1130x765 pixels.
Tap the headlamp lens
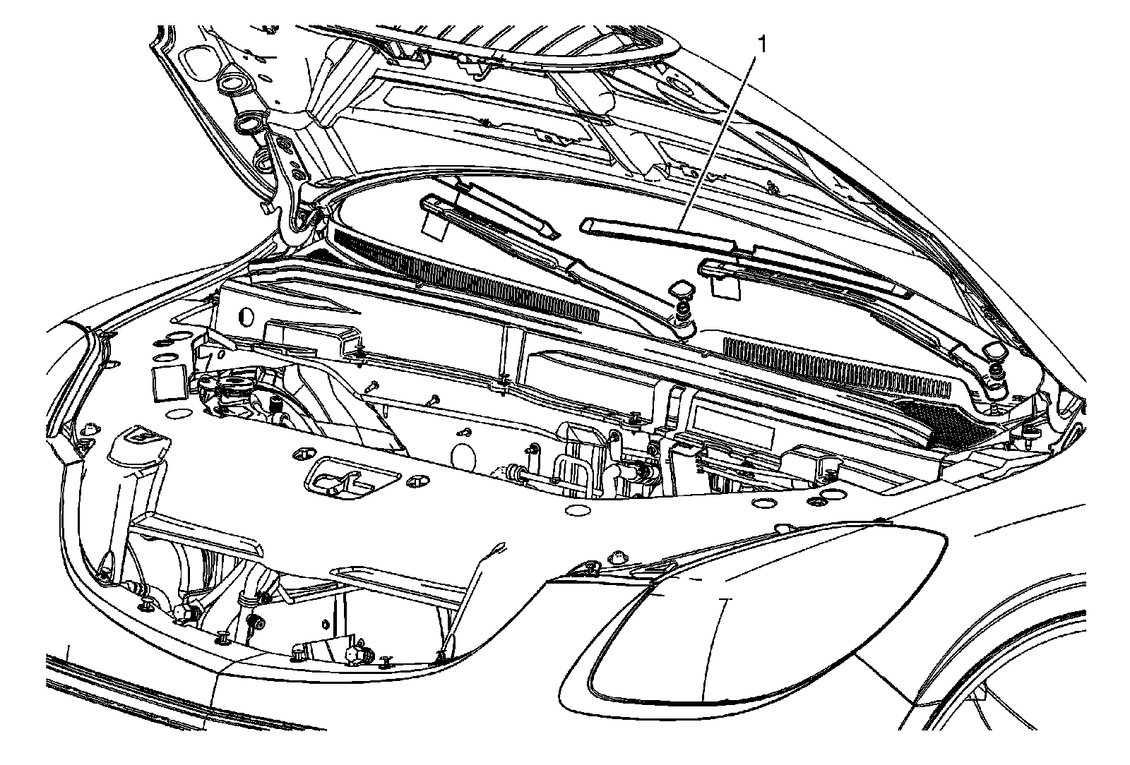click(749, 621)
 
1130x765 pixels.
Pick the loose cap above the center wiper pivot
click(682, 289)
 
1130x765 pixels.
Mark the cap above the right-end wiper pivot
click(994, 351)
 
